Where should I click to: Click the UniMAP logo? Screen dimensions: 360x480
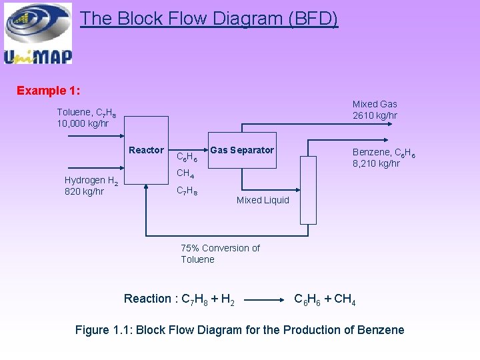pyautogui.click(x=37, y=33)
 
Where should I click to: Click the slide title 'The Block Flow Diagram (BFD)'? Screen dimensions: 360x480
pyautogui.click(x=209, y=19)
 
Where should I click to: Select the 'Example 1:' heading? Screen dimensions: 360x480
pyautogui.click(x=49, y=90)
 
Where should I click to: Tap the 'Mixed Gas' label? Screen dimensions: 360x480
pyautogui.click(x=375, y=104)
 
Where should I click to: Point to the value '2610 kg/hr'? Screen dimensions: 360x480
pyautogui.click(x=375, y=115)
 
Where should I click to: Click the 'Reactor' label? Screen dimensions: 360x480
pyautogui.click(x=146, y=150)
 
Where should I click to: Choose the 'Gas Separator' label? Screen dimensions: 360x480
pyautogui.click(x=241, y=150)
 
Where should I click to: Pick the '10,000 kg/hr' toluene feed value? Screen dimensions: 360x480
pyautogui.click(x=83, y=123)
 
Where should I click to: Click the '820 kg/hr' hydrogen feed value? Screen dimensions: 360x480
pyautogui.click(x=84, y=192)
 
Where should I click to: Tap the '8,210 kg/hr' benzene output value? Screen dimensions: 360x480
pyautogui.click(x=376, y=163)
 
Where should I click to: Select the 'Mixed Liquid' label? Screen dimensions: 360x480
pyautogui.click(x=263, y=200)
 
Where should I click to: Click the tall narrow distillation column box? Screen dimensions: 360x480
pyautogui.click(x=308, y=189)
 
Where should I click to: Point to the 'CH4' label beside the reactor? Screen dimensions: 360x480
pyautogui.click(x=185, y=175)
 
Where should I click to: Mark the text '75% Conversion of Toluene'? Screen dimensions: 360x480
pyautogui.click(x=220, y=253)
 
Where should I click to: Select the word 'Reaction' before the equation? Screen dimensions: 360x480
pyautogui.click(x=147, y=299)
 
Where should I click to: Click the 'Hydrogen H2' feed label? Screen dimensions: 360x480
pyautogui.click(x=91, y=181)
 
